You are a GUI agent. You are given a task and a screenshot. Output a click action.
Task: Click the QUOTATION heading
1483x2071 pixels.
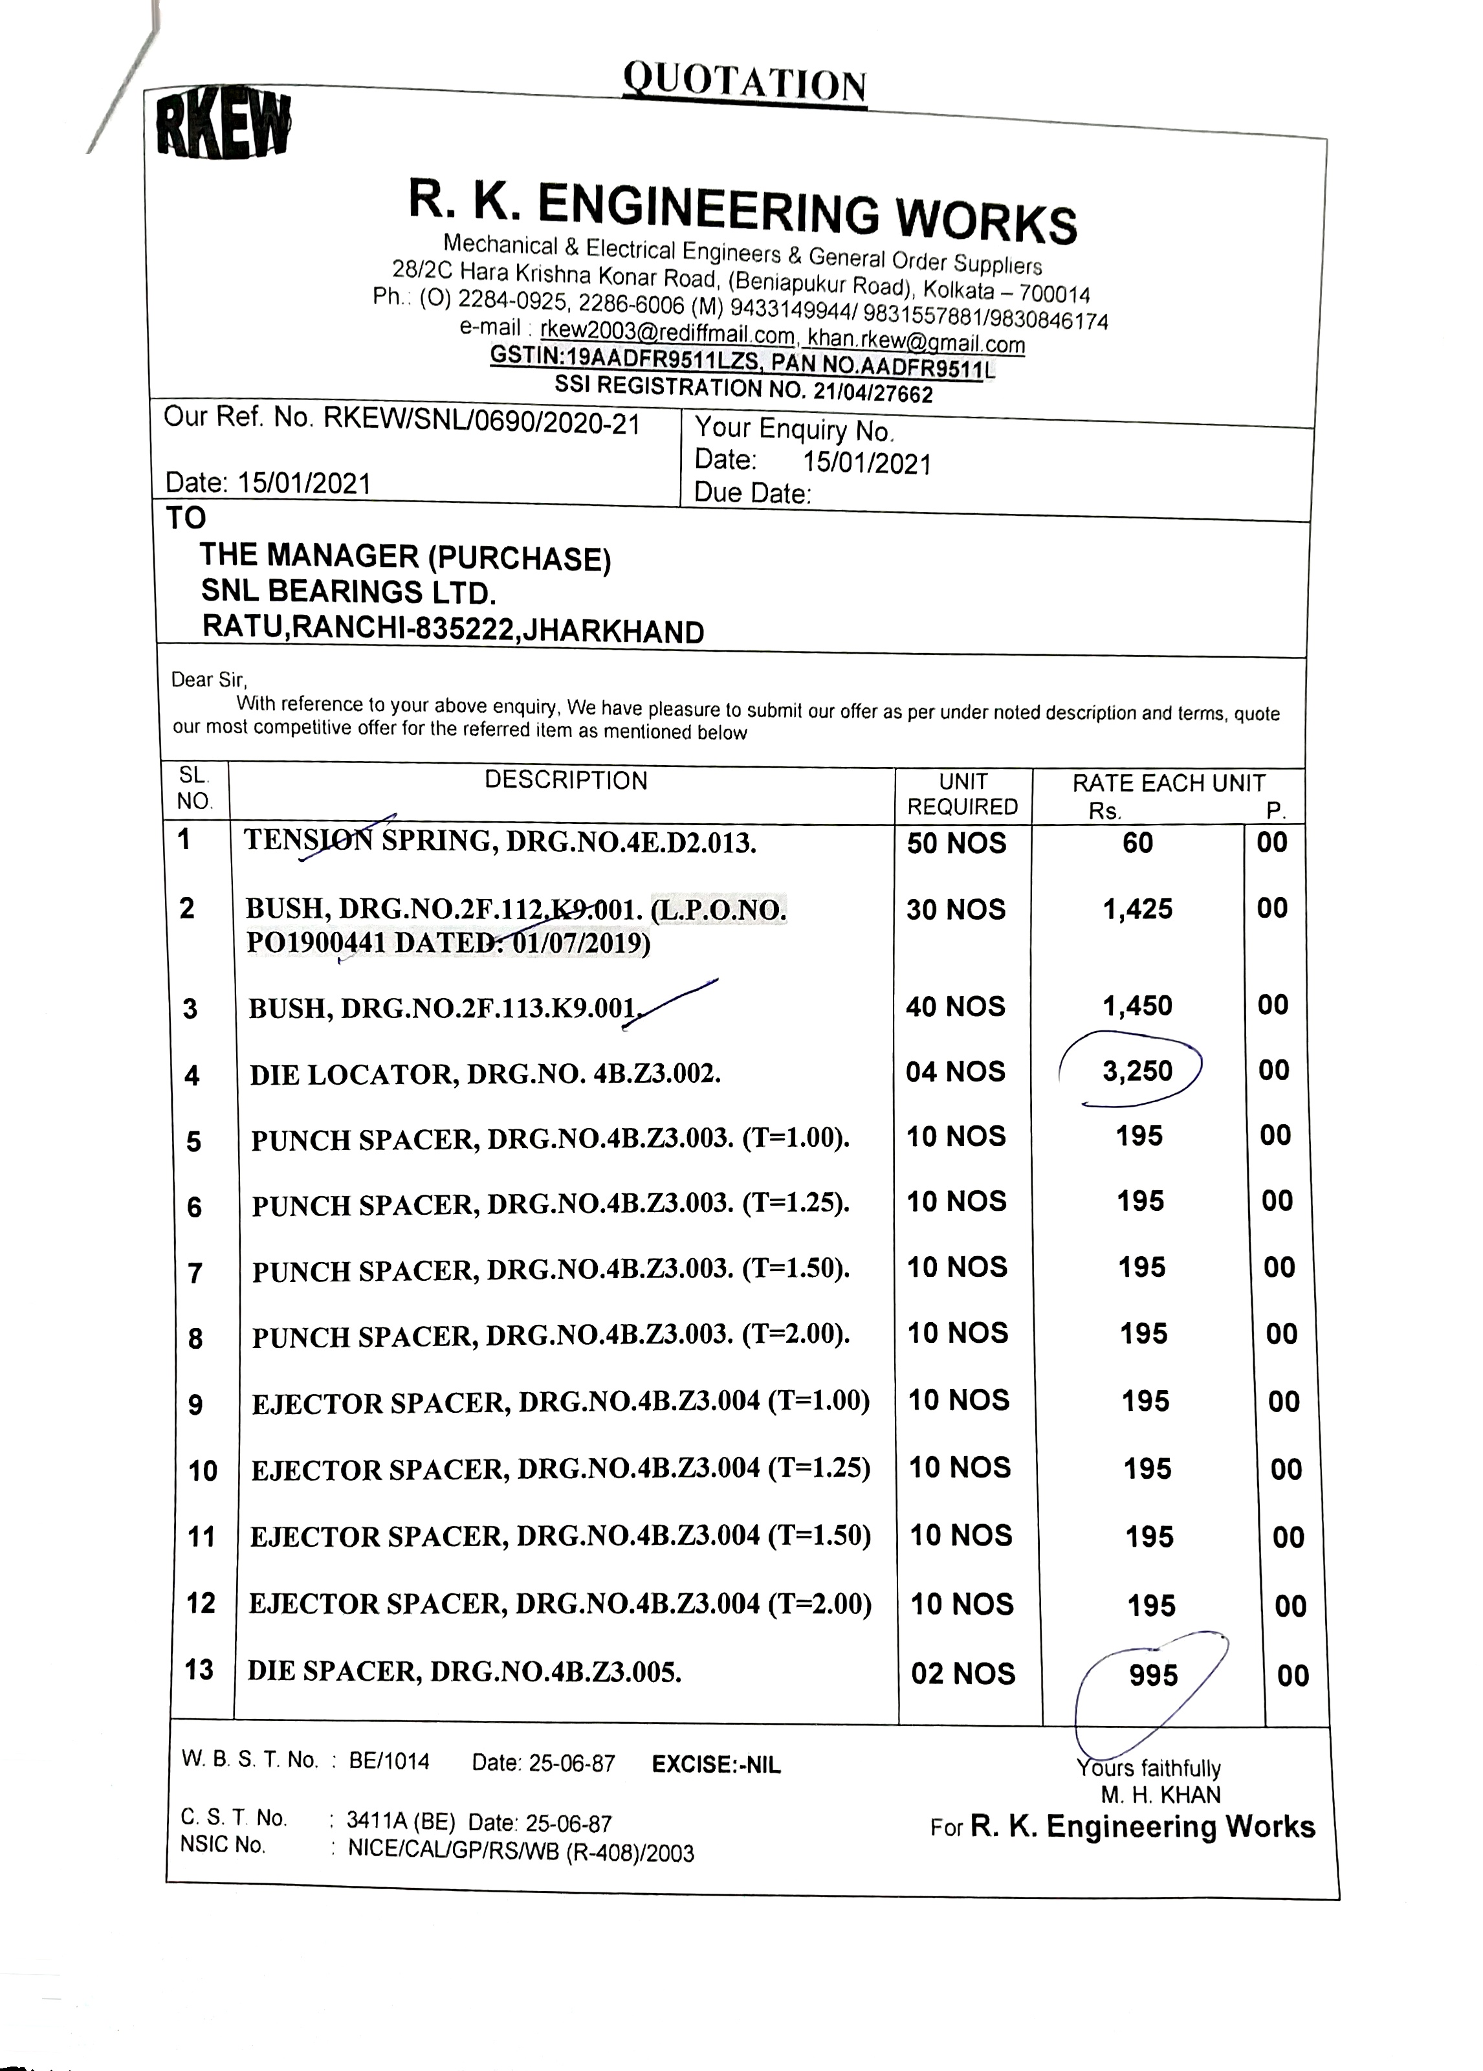(x=744, y=85)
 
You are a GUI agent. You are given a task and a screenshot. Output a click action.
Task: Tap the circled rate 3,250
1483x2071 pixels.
(x=1137, y=1070)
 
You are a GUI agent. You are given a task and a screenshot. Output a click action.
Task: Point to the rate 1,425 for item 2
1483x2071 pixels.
(x=1137, y=909)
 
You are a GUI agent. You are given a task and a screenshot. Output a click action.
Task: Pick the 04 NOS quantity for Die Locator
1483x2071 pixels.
(x=955, y=1071)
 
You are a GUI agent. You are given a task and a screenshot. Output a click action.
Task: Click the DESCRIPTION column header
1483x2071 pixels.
(x=566, y=781)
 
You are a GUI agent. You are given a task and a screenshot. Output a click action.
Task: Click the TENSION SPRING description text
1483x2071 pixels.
(x=500, y=841)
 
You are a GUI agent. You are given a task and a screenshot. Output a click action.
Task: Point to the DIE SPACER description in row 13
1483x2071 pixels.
(x=464, y=1672)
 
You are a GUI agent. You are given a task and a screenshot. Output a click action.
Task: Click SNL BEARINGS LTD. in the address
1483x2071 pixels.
(x=349, y=593)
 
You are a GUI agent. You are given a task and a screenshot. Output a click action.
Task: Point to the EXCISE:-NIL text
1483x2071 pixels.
(x=716, y=1764)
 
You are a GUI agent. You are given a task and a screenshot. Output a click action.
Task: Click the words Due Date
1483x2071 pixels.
(x=752, y=493)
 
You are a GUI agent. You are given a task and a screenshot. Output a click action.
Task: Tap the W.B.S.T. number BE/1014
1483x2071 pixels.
(x=389, y=1760)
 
